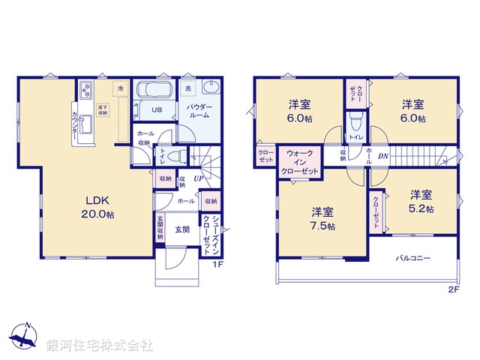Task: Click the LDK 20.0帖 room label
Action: [98, 207]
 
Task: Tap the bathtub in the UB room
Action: [155, 92]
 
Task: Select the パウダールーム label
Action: [201, 112]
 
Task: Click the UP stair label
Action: [198, 178]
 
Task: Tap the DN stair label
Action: [382, 156]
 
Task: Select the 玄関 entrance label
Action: [182, 229]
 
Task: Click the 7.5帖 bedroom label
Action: [320, 218]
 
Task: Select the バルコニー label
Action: [413, 259]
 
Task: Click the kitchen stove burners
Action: [85, 92]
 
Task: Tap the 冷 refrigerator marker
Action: [120, 88]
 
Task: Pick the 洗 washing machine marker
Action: [187, 88]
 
